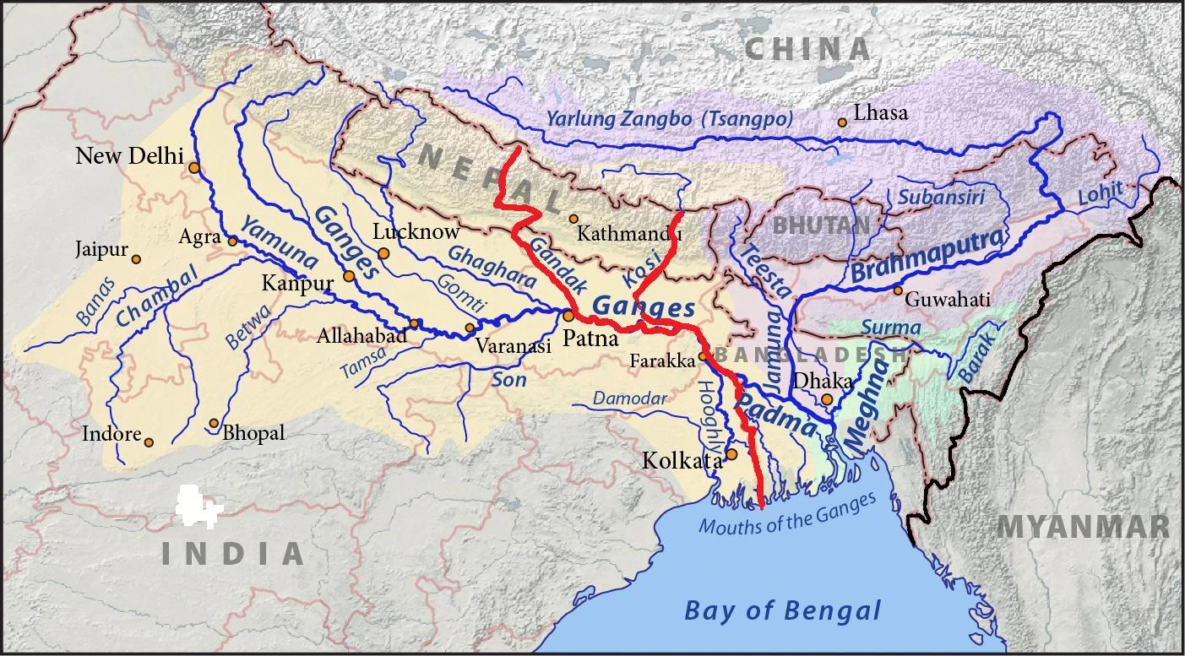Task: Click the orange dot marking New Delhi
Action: pyautogui.click(x=194, y=168)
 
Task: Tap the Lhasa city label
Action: pyautogui.click(x=881, y=112)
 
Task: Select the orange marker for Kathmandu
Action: pyautogui.click(x=573, y=219)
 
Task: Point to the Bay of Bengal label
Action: pyautogui.click(x=782, y=610)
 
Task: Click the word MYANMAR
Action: pyautogui.click(x=1083, y=527)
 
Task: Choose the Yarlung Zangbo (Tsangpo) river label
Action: pyautogui.click(x=670, y=119)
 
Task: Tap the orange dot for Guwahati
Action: pyautogui.click(x=898, y=290)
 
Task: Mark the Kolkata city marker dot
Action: pyautogui.click(x=732, y=454)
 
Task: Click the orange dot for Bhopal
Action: pyautogui.click(x=214, y=423)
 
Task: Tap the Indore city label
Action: pyautogui.click(x=111, y=434)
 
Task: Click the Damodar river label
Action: pyautogui.click(x=629, y=398)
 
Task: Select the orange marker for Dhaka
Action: pyautogui.click(x=827, y=399)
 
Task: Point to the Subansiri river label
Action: pyautogui.click(x=929, y=198)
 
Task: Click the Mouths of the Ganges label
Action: pyautogui.click(x=787, y=514)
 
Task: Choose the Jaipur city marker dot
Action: pyautogui.click(x=136, y=259)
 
